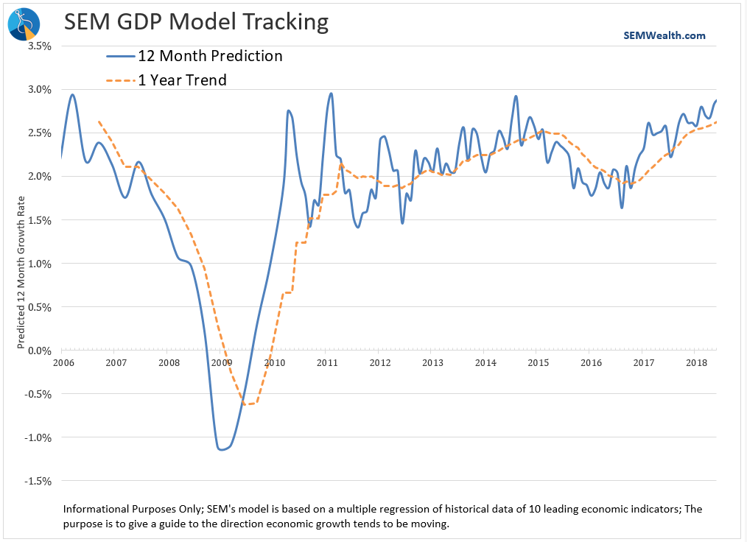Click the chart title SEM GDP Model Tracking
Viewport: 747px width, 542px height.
click(196, 22)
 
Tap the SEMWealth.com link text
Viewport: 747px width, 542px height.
click(664, 35)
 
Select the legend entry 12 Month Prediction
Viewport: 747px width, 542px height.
click(210, 56)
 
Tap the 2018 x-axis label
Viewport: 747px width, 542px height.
click(697, 362)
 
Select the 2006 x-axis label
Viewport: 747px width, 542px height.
click(63, 362)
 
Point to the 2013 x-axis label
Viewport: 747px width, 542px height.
click(432, 362)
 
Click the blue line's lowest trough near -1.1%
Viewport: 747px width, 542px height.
click(221, 449)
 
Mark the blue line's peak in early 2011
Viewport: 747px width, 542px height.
click(331, 94)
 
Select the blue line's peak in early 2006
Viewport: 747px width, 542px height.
click(72, 94)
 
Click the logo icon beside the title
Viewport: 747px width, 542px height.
click(22, 24)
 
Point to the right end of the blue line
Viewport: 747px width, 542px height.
click(716, 101)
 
